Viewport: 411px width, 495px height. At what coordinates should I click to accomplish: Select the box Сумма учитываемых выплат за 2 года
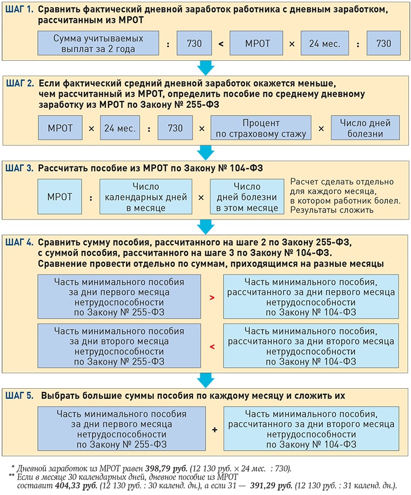(98, 43)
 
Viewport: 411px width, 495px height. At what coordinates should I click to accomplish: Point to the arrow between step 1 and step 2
(205, 67)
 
